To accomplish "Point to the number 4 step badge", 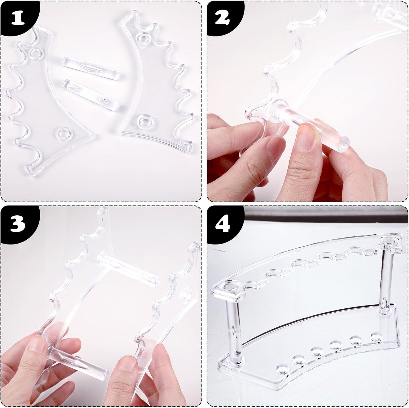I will tap(224, 223).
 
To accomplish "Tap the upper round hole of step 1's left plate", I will tap(36, 53).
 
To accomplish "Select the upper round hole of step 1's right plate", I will tap(142, 37).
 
